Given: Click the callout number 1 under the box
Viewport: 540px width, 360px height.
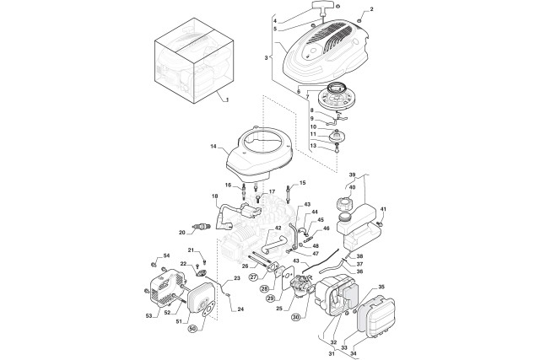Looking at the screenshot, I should (225, 99).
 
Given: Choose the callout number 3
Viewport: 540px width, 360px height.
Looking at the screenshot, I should (266, 57).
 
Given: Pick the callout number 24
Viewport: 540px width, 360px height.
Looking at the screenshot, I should (240, 309).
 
